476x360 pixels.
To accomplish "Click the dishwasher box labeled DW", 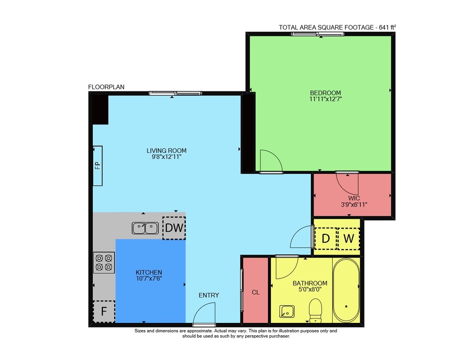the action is pos(174,228).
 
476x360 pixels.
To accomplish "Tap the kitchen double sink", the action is pos(145,228).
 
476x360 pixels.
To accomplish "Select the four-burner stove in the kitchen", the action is pos(104,262).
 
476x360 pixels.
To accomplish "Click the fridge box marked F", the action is pos(104,311).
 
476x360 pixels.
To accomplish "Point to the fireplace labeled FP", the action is pos(98,166).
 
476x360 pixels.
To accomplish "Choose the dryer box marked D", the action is pos(326,239).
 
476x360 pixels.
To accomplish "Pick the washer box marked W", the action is pos(348,239).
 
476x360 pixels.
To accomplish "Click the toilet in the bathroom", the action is pos(316,310).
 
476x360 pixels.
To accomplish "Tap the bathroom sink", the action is pos(287,311).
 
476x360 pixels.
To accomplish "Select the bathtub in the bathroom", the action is pos(347,290).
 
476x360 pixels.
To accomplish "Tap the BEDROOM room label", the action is pos(326,93).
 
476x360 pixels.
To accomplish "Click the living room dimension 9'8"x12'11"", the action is pos(166,157).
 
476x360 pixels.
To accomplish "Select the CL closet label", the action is pos(256,292).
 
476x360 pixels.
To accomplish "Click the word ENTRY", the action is pos(209,295).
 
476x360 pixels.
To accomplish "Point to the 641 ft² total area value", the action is pos(387,27).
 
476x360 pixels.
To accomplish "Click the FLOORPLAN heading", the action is pos(106,87).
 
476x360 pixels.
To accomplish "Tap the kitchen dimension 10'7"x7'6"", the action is pos(149,278).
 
